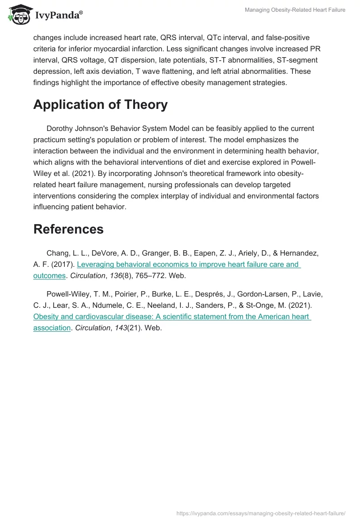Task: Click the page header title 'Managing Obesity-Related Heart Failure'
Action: pyautogui.click(x=295, y=10)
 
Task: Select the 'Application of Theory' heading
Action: pyautogui.click(x=100, y=104)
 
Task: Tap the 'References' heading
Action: pyautogui.click(x=68, y=229)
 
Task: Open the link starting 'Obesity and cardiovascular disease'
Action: pyautogui.click(x=172, y=316)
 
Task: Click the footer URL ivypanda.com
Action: pyautogui.click(x=261, y=513)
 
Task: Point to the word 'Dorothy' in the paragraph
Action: pyautogui.click(x=60, y=128)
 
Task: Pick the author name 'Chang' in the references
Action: pyautogui.click(x=57, y=253)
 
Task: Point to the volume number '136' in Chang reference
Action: pyautogui.click(x=116, y=275)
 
